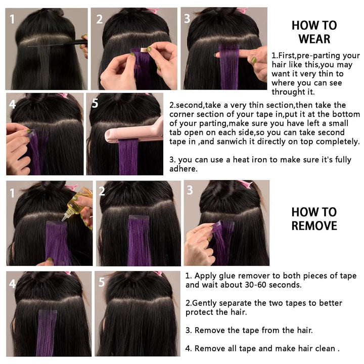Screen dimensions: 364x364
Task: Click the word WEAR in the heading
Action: tap(314, 38)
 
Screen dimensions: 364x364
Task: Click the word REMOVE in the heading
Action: tap(314, 225)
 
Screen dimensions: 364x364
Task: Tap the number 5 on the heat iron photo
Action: tap(95, 104)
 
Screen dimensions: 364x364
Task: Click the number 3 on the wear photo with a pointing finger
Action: tap(187, 19)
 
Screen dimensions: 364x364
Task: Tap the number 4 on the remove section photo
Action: tap(12, 283)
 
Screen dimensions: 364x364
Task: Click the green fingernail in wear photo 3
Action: tap(253, 60)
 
